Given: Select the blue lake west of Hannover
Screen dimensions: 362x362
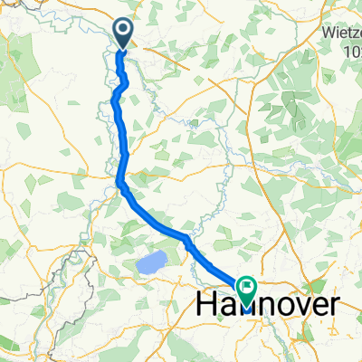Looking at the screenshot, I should click(x=151, y=264).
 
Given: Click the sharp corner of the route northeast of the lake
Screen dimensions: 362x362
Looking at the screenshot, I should click(x=186, y=239).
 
